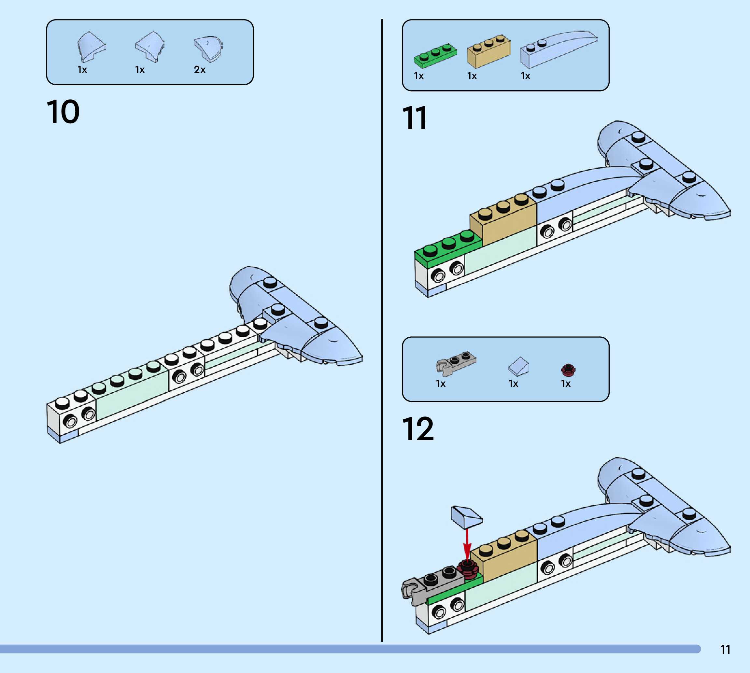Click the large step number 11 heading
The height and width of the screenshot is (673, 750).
coord(415,118)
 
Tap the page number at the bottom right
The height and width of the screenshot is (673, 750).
coord(725,649)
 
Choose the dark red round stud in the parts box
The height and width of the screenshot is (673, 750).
coord(568,369)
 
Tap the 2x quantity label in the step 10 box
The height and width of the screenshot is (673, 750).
coord(200,70)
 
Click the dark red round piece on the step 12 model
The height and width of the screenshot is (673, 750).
coord(468,569)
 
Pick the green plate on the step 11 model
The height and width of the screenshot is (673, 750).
coord(447,248)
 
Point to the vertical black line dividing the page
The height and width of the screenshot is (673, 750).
coord(382,333)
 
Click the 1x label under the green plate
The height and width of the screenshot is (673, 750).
coord(419,76)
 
